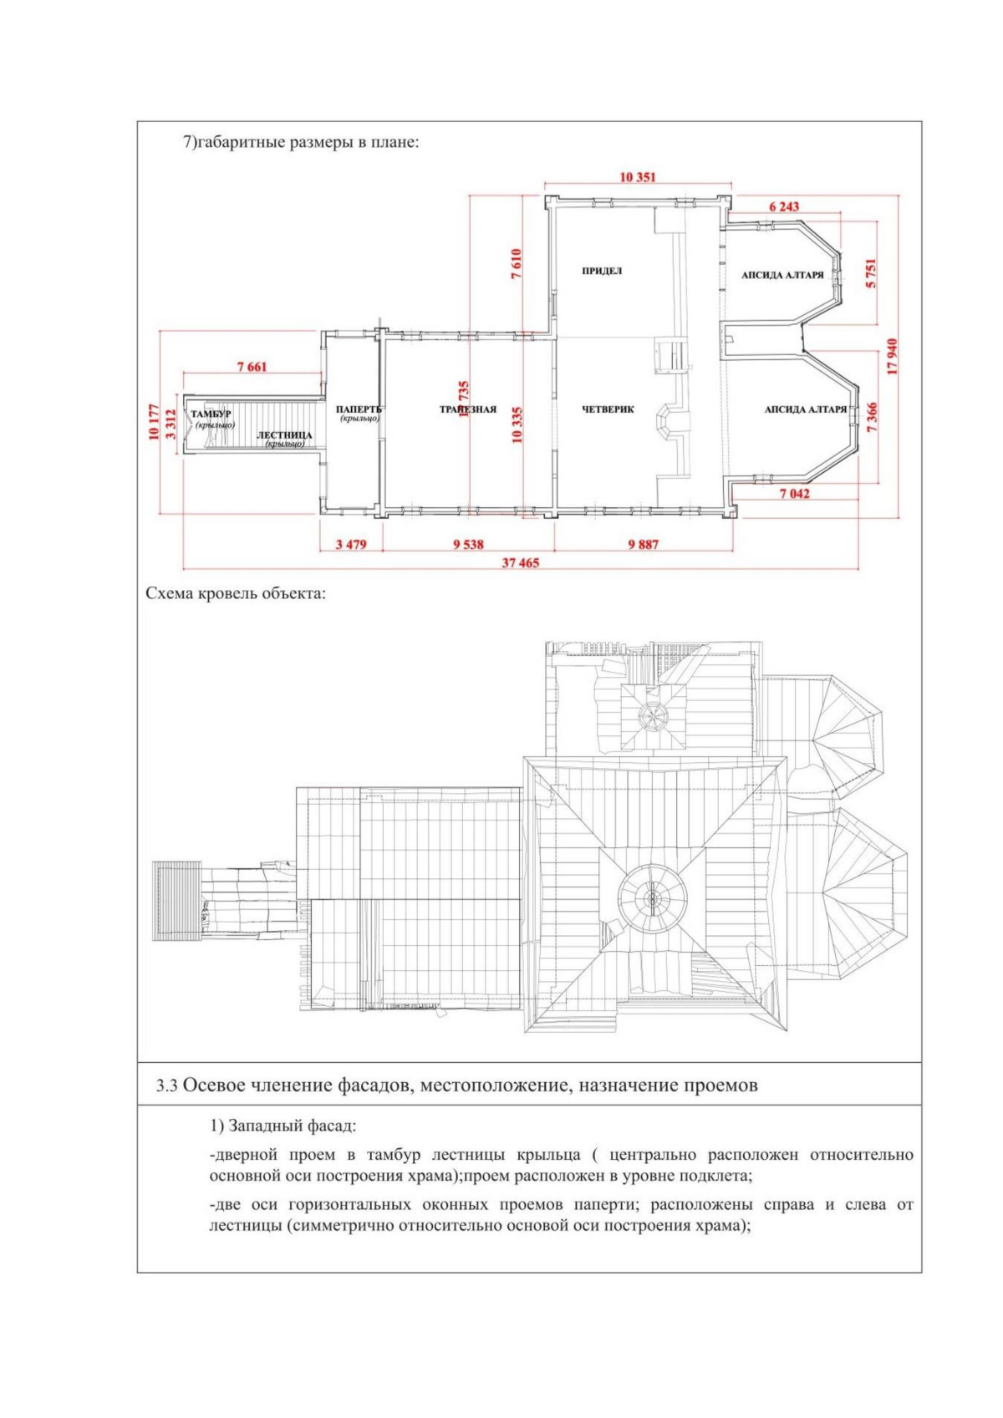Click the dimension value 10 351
point(638,177)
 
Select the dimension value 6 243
point(783,206)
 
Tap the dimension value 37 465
point(520,562)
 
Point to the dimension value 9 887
point(643,545)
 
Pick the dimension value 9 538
point(468,545)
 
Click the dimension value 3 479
point(351,545)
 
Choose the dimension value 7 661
point(252,367)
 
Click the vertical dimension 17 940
point(892,357)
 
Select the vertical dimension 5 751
point(871,273)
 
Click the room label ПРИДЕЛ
point(602,272)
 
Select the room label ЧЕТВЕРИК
point(608,409)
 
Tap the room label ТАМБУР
point(211,414)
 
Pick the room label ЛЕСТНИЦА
point(284,435)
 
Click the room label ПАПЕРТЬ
point(359,409)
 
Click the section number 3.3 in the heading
point(166,1086)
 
